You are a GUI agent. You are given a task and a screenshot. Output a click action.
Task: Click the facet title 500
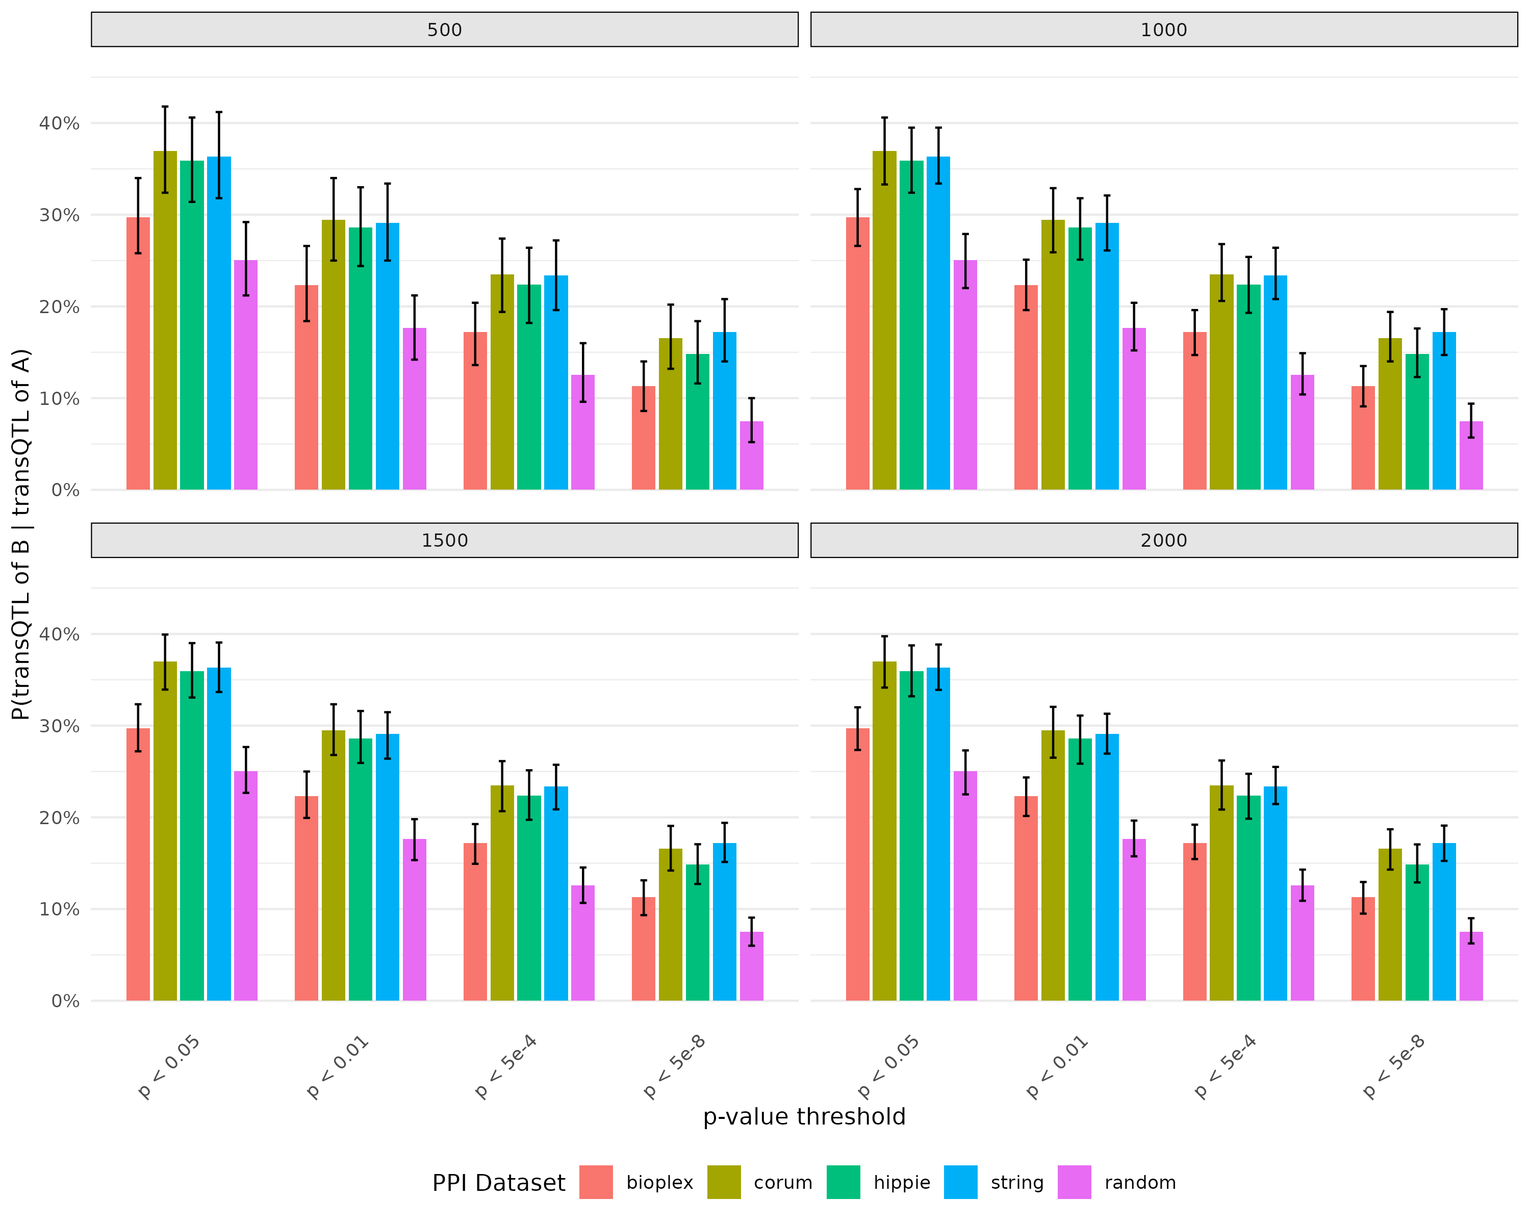click(x=444, y=30)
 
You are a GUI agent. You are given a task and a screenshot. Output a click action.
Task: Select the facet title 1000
click(x=1163, y=30)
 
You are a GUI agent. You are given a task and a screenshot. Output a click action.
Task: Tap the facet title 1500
click(x=444, y=540)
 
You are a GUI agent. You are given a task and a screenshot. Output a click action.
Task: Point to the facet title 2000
click(x=1163, y=540)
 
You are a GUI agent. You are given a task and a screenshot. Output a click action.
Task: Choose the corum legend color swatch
click(x=724, y=1182)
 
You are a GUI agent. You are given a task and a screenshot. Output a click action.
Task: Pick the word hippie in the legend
click(x=901, y=1183)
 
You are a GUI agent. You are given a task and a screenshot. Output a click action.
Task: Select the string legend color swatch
click(x=960, y=1182)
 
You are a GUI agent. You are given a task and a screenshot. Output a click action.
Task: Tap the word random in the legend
click(x=1140, y=1183)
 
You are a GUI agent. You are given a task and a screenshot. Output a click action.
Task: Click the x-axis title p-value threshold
click(x=804, y=1117)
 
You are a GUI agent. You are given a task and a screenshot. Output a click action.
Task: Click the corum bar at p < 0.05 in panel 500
click(x=165, y=320)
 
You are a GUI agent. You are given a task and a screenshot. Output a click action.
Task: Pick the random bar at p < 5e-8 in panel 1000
click(x=1471, y=455)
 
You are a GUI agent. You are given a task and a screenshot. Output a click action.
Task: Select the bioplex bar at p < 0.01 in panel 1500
click(x=307, y=898)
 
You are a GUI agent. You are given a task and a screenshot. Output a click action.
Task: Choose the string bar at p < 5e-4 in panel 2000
click(x=1275, y=894)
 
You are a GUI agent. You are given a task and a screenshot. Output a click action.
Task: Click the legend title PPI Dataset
click(x=498, y=1183)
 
